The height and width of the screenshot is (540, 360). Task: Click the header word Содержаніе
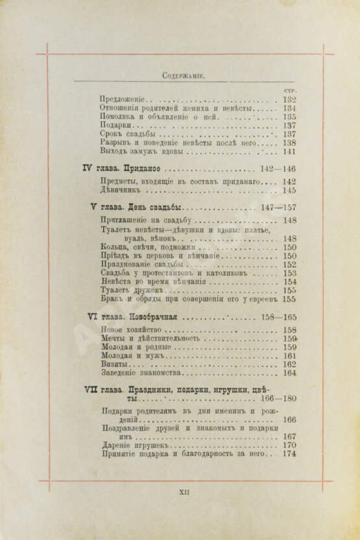point(183,75)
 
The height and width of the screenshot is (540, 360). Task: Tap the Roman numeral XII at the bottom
point(183,493)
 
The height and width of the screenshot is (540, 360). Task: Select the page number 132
point(289,100)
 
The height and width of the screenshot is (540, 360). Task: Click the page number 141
point(289,151)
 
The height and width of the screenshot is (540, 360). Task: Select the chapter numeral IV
point(88,168)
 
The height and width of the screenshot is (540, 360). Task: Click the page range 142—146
point(277,169)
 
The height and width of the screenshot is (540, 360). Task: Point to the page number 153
point(289,273)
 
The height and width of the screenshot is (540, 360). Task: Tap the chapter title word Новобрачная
point(153,318)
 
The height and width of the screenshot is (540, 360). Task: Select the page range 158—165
point(277,318)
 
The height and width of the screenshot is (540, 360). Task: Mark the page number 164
point(289,373)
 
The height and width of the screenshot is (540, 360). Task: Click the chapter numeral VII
point(91,390)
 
